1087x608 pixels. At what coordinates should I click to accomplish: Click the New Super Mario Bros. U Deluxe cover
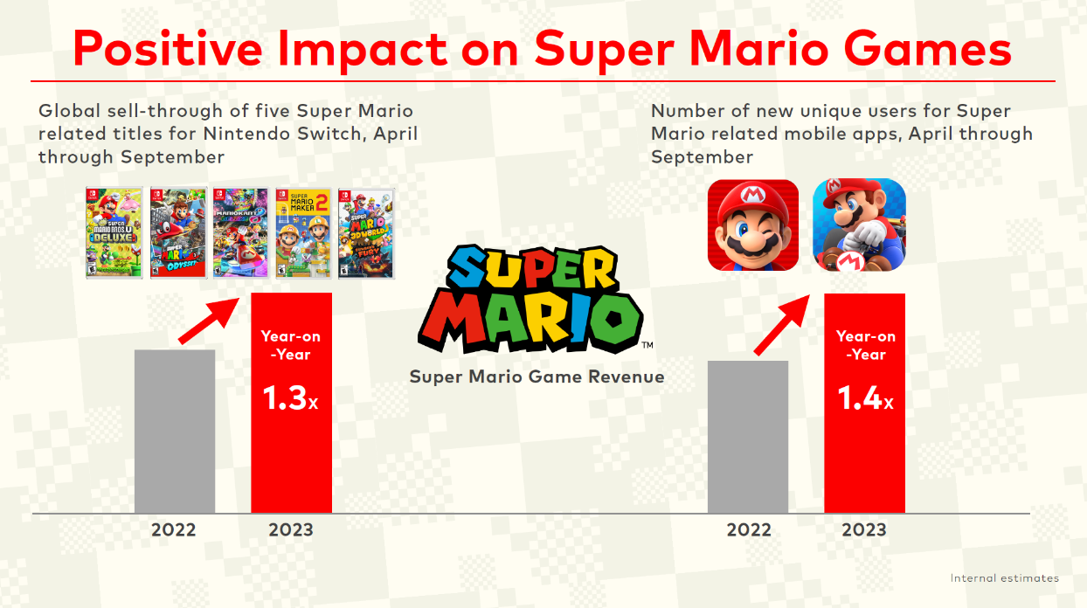114,232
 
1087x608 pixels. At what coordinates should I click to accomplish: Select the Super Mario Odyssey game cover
177,232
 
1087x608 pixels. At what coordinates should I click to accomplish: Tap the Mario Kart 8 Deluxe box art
240,232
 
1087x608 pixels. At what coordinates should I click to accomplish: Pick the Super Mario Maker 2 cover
303,232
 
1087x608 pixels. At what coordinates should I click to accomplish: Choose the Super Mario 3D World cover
366,232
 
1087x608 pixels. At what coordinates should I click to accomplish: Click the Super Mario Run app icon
753,225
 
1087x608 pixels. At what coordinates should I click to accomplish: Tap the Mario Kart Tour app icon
860,225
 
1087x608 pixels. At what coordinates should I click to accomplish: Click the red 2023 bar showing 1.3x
291,454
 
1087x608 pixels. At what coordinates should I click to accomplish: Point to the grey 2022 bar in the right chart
748,437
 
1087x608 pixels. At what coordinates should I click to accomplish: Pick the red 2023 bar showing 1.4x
864,454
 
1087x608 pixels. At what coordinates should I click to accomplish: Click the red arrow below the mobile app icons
781,325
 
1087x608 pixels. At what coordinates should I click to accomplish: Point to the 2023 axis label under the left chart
291,530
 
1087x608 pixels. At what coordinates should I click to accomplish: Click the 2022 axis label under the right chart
749,530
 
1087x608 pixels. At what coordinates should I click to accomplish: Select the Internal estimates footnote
1004,578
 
